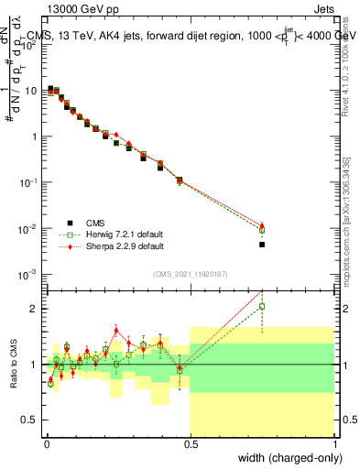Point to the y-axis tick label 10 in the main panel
pos(33,91)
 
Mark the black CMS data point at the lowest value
pos(262,245)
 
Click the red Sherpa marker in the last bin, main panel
pos(262,225)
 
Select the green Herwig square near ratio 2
pos(262,307)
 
